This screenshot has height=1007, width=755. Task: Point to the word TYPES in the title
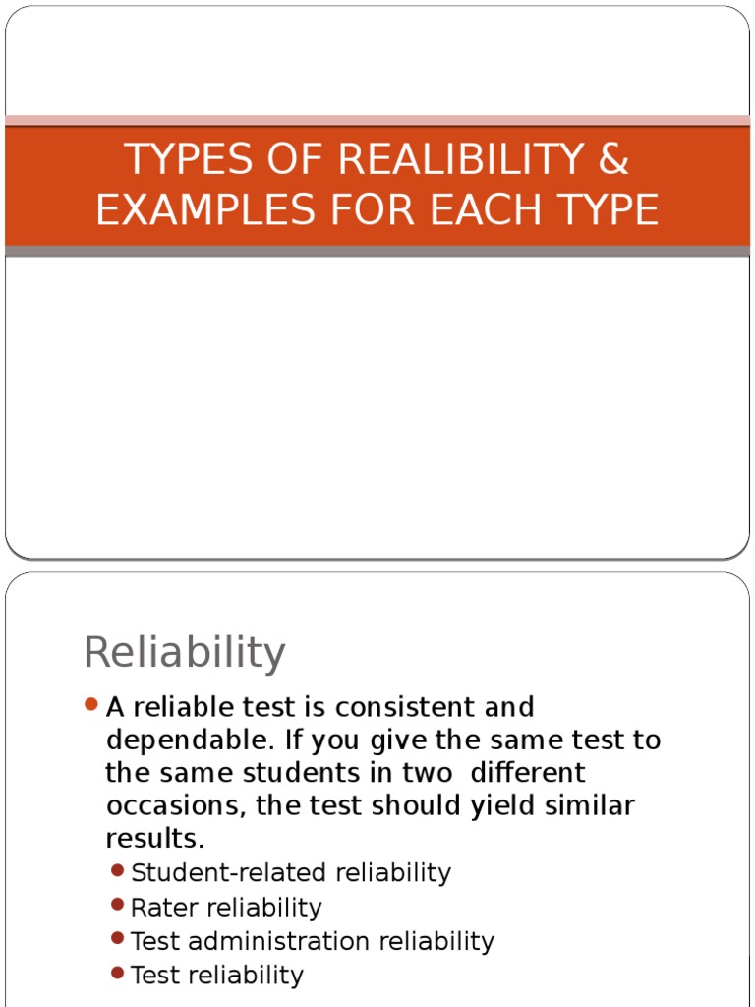pos(179,160)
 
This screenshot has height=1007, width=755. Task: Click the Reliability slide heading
pos(184,653)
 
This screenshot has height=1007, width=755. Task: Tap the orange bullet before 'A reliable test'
pos(91,705)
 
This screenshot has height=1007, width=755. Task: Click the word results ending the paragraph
pos(154,840)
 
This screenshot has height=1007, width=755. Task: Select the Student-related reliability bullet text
pos(291,873)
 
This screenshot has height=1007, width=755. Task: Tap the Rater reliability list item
pos(226,908)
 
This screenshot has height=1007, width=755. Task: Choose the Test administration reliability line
pos(313,941)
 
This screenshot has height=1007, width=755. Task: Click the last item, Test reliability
pos(217,976)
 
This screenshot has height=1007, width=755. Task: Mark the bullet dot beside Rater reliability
pos(118,905)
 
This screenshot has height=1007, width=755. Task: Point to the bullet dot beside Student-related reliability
pos(118,870)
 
